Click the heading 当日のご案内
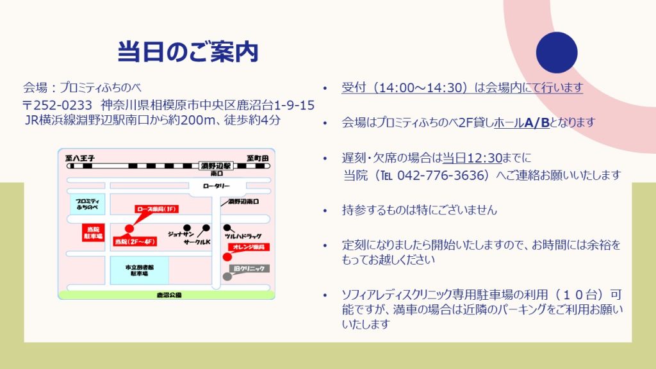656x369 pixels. click(188, 52)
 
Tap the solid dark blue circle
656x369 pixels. click(557, 53)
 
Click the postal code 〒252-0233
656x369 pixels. click(57, 104)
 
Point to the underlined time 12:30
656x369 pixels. click(484, 158)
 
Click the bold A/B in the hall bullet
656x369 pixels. click(537, 122)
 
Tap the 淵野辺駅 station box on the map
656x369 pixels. click(216, 166)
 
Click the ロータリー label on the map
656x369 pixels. click(217, 186)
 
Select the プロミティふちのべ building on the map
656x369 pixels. click(87, 204)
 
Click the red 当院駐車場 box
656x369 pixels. click(93, 233)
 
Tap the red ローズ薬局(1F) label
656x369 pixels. click(157, 209)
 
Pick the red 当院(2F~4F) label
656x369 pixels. click(135, 242)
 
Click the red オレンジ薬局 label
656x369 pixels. click(249, 247)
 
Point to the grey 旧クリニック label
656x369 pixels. click(249, 268)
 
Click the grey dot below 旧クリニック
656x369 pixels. click(227, 277)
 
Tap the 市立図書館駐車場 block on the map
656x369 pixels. click(139, 270)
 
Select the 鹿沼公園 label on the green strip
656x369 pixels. click(169, 295)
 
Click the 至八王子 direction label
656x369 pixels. click(80, 158)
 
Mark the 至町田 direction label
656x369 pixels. click(258, 158)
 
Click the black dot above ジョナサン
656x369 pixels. click(187, 228)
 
